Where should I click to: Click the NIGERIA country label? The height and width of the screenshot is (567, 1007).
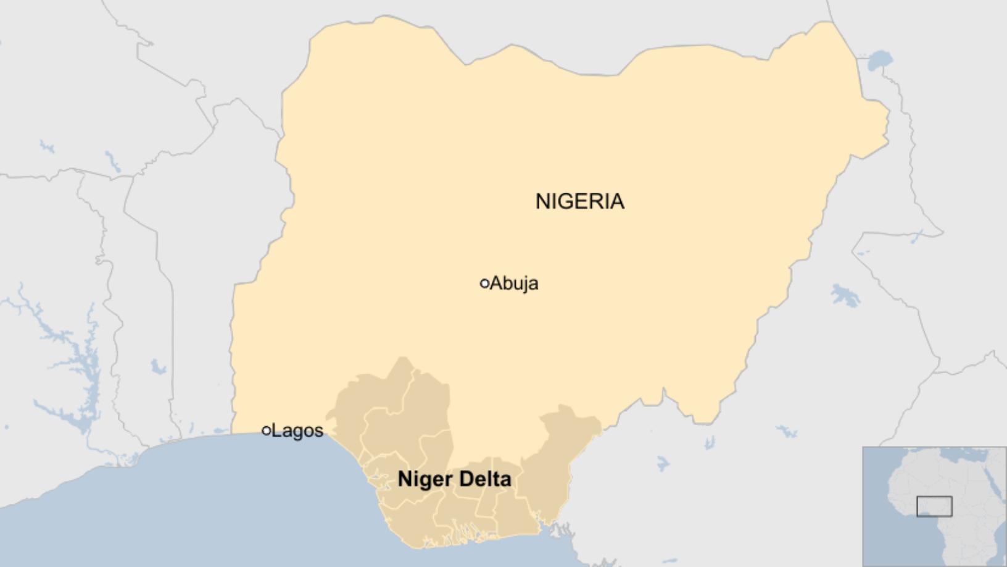pos(579,201)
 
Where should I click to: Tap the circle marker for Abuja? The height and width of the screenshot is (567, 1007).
pos(484,283)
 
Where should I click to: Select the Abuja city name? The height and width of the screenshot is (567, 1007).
pos(514,283)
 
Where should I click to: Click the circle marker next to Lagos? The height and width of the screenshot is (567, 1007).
pos(267,430)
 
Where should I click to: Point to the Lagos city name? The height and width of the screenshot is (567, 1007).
pos(297,430)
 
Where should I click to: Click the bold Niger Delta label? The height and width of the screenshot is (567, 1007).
pos(454,479)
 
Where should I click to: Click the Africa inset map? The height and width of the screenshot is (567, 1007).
pos(934,506)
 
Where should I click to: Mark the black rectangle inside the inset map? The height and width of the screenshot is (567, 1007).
pos(934,506)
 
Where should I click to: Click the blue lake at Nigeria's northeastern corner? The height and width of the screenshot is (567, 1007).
pos(880,61)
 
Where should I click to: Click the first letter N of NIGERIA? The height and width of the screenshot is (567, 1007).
pos(542,201)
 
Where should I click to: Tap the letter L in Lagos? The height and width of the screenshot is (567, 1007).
pos(276,430)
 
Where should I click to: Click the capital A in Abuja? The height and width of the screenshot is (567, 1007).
pos(496,283)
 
